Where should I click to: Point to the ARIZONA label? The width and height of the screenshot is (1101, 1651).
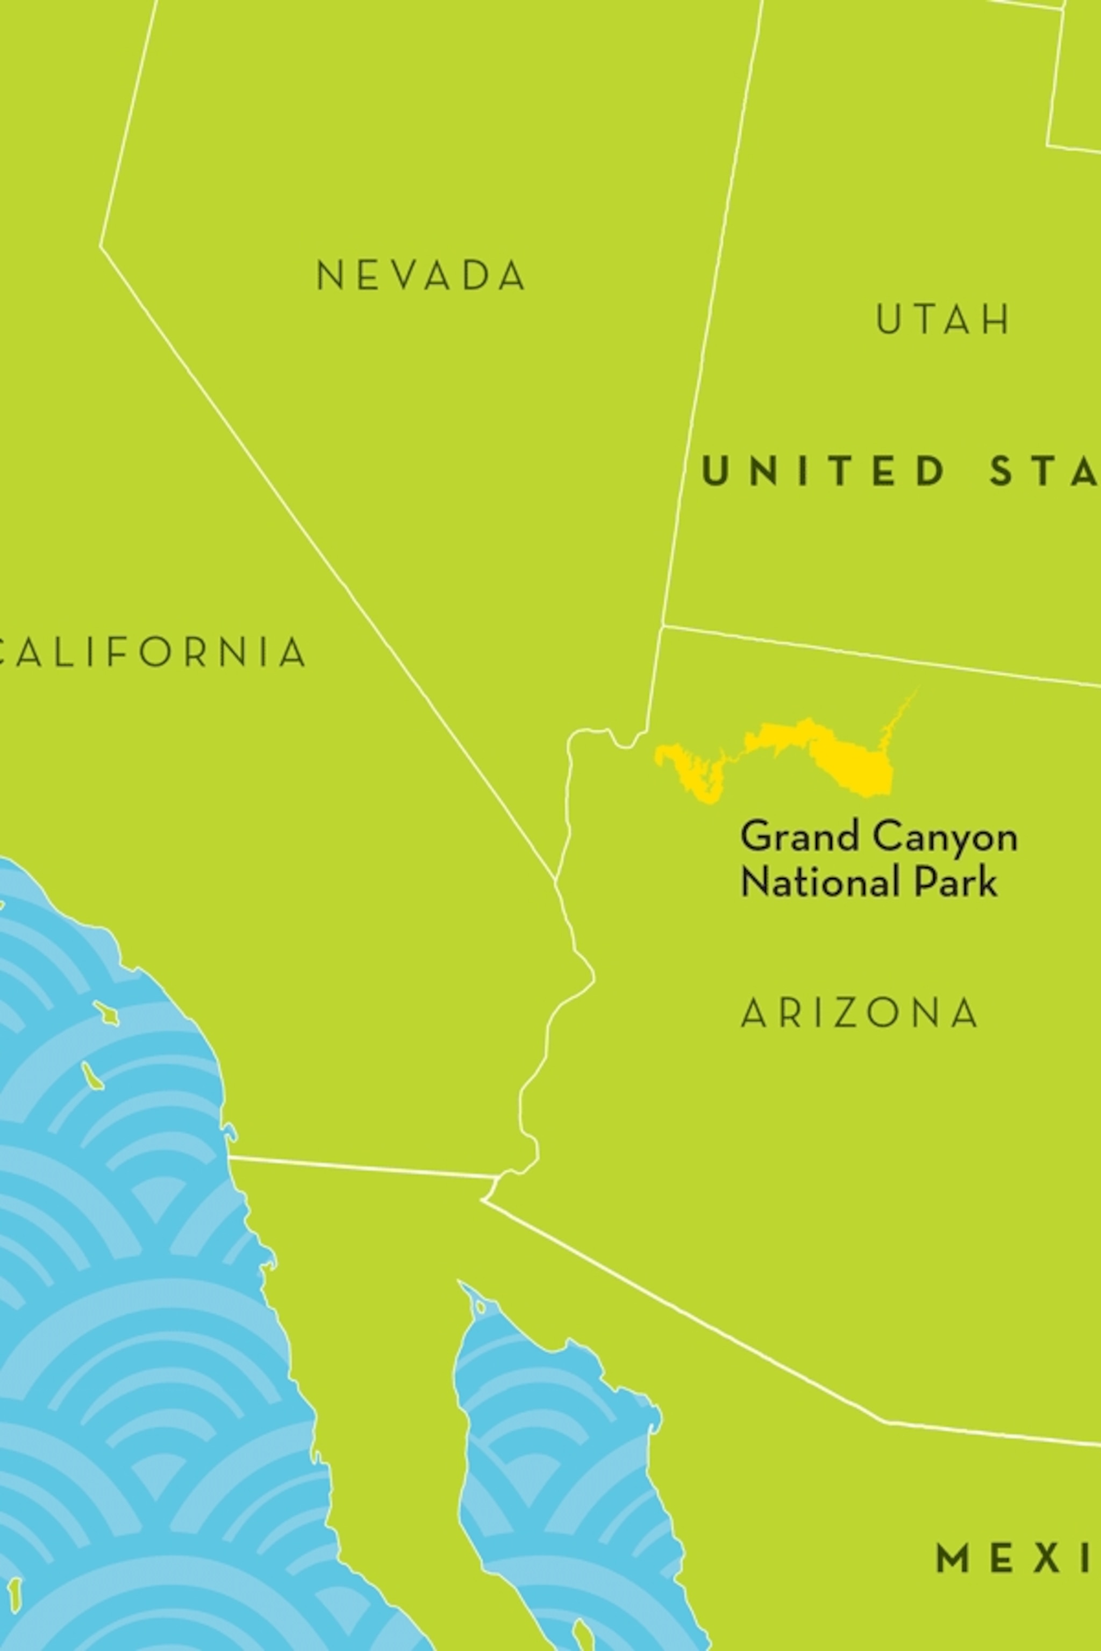[x=860, y=1013]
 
